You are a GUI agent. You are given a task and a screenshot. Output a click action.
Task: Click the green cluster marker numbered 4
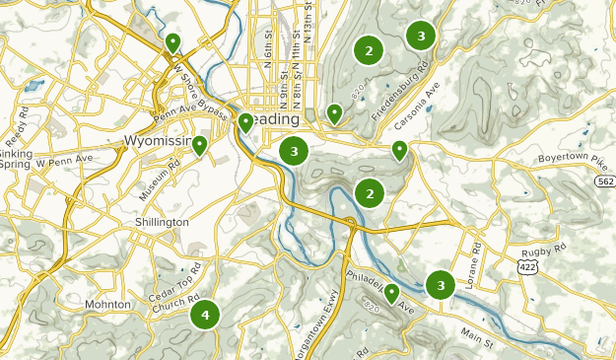pyautogui.click(x=205, y=315)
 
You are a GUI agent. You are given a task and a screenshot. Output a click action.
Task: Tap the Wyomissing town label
pyautogui.click(x=160, y=141)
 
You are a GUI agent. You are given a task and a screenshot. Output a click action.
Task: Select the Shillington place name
pyautogui.click(x=162, y=222)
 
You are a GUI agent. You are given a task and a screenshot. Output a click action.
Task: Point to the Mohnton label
pyautogui.click(x=107, y=305)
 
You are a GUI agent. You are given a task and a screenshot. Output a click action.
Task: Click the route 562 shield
pyautogui.click(x=605, y=181)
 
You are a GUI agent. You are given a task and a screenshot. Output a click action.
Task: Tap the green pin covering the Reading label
pyautogui.click(x=245, y=122)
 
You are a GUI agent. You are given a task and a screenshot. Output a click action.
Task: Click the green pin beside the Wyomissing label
pyautogui.click(x=199, y=146)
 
